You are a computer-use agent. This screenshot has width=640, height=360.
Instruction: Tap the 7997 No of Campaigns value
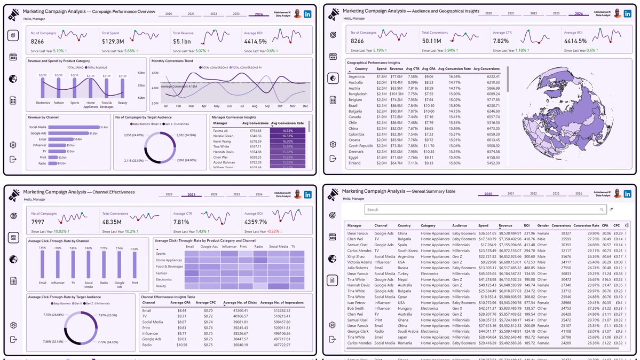[x=38, y=222]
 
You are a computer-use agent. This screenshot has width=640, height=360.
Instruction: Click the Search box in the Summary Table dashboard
[x=486, y=210]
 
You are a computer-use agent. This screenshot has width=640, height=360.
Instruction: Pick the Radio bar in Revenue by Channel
[x=54, y=163]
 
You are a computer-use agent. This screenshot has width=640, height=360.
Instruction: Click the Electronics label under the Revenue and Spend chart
[x=43, y=103]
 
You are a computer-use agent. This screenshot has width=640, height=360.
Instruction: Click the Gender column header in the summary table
[x=543, y=225]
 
